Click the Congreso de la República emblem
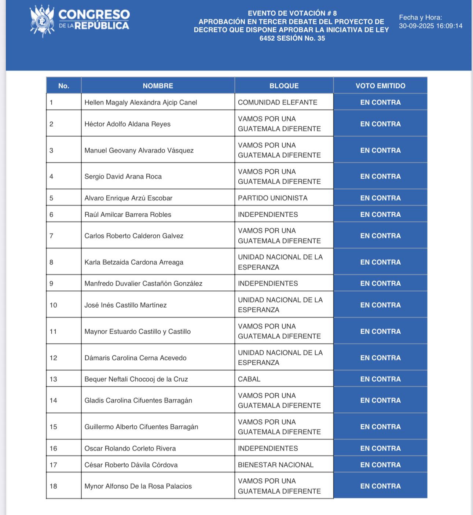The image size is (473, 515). click(x=42, y=21)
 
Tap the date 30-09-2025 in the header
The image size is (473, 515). click(x=416, y=26)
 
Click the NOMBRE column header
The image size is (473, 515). click(x=158, y=86)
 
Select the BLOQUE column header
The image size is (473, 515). click(x=284, y=86)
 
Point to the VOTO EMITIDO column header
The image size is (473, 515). click(x=380, y=86)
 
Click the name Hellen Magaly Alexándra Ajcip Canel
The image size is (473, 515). click(x=140, y=102)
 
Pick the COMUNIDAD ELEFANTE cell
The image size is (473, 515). click(x=278, y=102)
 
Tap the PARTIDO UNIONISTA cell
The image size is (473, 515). click(x=272, y=198)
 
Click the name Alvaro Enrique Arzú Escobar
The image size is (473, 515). click(x=128, y=198)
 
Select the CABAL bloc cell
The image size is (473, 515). click(x=249, y=379)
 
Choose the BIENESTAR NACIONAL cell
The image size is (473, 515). click(x=276, y=465)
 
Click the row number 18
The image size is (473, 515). click(x=54, y=486)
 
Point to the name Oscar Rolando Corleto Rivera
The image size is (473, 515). click(x=130, y=448)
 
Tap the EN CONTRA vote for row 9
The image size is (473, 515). click(x=380, y=283)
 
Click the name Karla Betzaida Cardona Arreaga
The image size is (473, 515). click(x=134, y=262)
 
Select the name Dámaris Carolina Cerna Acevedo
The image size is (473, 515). click(x=135, y=358)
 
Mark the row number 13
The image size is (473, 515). click(x=54, y=379)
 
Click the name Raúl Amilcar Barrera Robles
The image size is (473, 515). click(x=128, y=214)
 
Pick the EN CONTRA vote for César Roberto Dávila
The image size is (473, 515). click(x=380, y=465)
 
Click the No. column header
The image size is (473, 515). click(x=63, y=86)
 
